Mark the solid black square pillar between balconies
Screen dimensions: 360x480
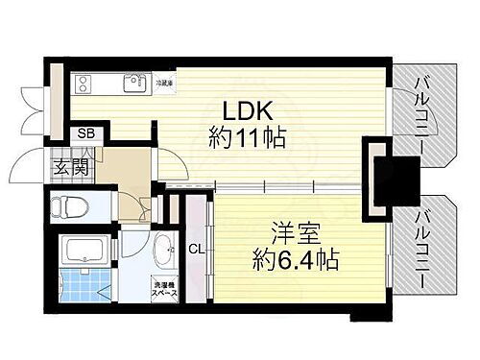(x=382, y=174)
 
